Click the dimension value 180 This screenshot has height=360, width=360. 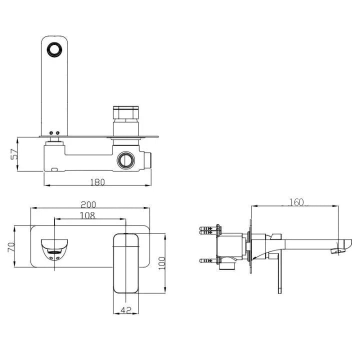click(x=98, y=182)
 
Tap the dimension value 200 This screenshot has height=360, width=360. click(x=88, y=204)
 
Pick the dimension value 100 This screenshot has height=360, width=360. click(x=161, y=262)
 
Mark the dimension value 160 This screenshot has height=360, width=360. click(x=296, y=202)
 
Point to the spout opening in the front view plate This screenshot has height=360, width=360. click(x=54, y=248)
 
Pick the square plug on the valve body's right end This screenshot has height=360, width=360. click(x=148, y=160)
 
